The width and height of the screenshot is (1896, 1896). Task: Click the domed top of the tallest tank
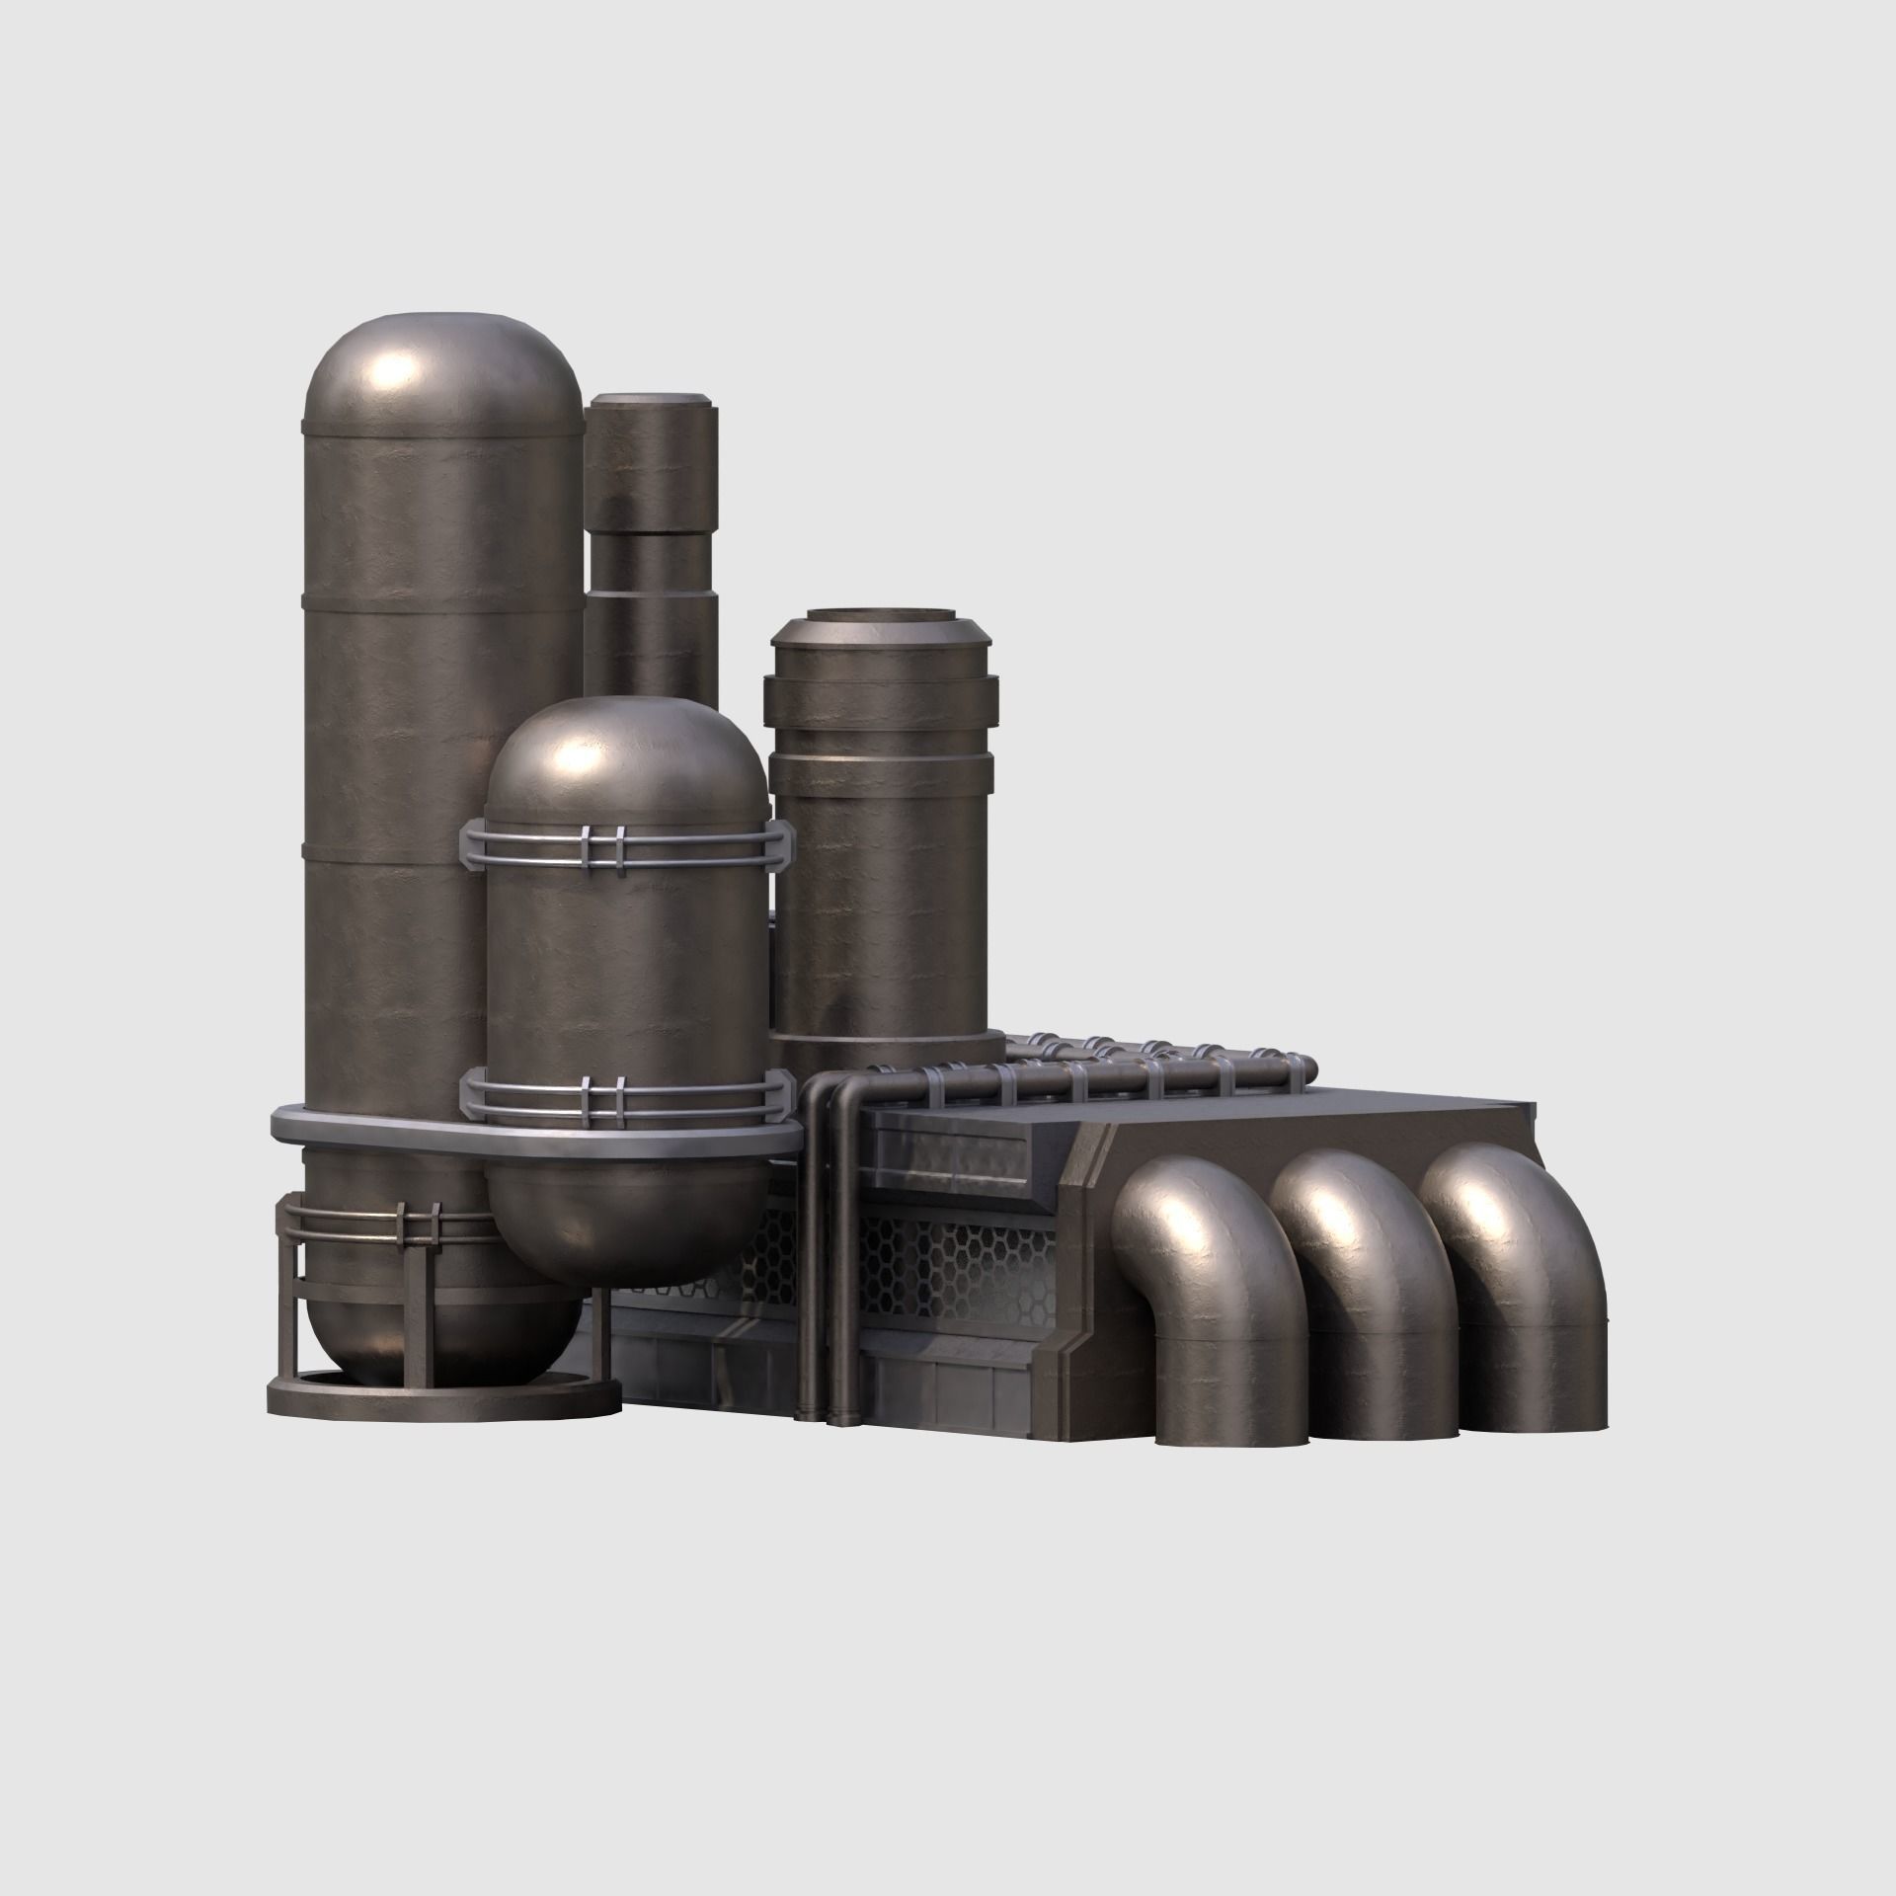[x=443, y=370]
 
